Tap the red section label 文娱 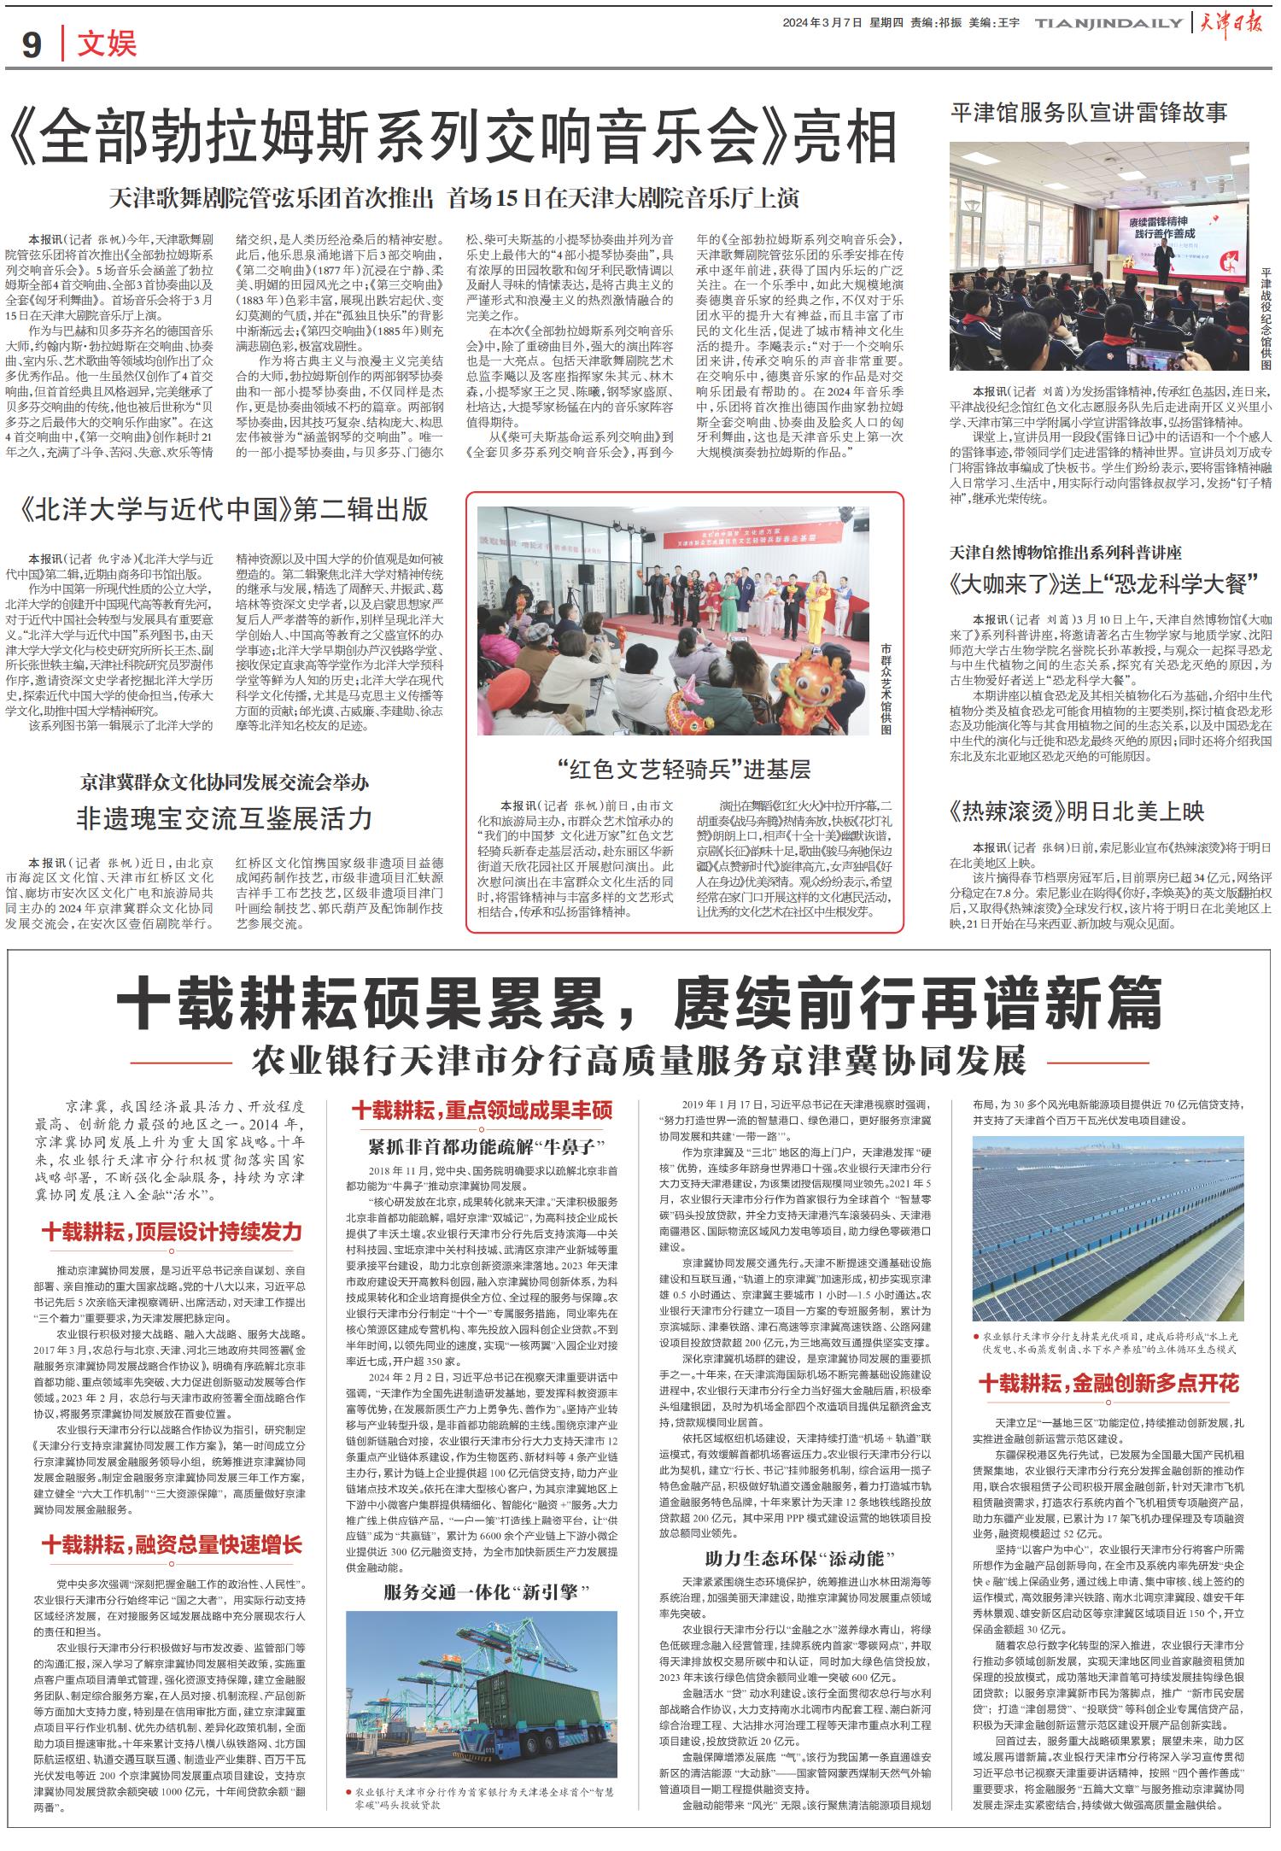pyautogui.click(x=107, y=44)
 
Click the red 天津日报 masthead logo pyautogui.click(x=1236, y=23)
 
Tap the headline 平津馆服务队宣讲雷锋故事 pyautogui.click(x=1089, y=112)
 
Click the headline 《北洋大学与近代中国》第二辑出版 pyautogui.click(x=227, y=510)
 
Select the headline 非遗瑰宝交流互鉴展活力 pyautogui.click(x=225, y=818)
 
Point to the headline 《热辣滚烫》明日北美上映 pyautogui.click(x=1077, y=811)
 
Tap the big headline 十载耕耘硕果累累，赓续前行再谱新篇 pyautogui.click(x=640, y=1005)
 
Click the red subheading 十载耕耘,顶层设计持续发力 pyautogui.click(x=173, y=1232)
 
